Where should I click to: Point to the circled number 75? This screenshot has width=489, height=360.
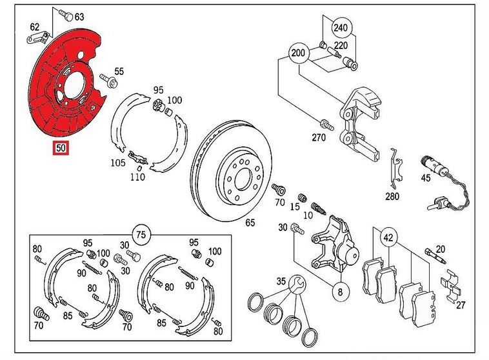tap(141, 233)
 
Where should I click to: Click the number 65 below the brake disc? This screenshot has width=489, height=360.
tap(250, 223)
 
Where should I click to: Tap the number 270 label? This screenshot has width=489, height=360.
tap(319, 137)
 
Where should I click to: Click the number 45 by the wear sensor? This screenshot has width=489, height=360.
tap(425, 178)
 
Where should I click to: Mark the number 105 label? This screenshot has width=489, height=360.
tap(117, 163)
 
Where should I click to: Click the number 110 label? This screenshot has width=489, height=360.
tap(137, 177)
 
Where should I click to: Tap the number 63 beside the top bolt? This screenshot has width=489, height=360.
tap(79, 16)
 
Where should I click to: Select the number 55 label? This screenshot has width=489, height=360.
tap(119, 71)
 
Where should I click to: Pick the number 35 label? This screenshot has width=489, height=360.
tap(280, 281)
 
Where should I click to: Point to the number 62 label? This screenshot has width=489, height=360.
tap(34, 27)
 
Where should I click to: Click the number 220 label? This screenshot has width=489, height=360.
tap(340, 46)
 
